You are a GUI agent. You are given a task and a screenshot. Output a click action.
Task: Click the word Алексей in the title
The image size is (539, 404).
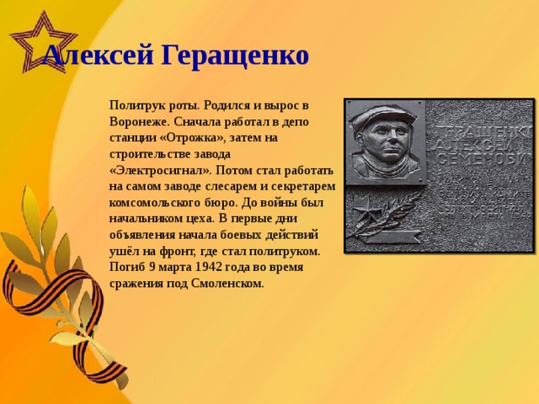(x=98, y=56)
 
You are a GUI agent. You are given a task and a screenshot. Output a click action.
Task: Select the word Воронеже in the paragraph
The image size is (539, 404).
(x=136, y=121)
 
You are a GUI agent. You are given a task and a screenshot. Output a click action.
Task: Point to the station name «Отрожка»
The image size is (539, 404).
(x=185, y=136)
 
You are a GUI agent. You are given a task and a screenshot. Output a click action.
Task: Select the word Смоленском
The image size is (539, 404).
(x=230, y=282)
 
